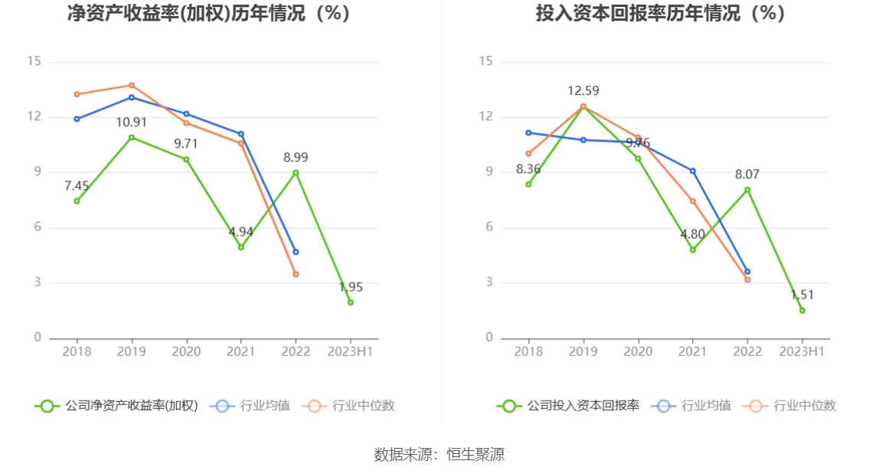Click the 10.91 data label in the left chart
pyautogui.click(x=132, y=123)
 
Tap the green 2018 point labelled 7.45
pyautogui.click(x=77, y=201)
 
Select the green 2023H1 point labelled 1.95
pyautogui.click(x=351, y=302)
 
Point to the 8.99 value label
pyautogui.click(x=296, y=158)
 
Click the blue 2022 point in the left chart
pyautogui.click(x=296, y=252)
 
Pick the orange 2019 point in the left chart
pyautogui.click(x=132, y=85)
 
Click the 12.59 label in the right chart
pyautogui.click(x=583, y=91)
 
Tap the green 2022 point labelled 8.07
pyautogui.click(x=747, y=190)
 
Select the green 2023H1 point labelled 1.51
pyautogui.click(x=802, y=310)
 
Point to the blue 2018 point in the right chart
pyautogui.click(x=528, y=132)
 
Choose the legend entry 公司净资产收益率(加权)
pyautogui.click(x=116, y=406)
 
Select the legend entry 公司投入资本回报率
pyautogui.click(x=568, y=406)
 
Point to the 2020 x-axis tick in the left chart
pyautogui.click(x=186, y=351)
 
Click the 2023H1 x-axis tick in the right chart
pyautogui.click(x=802, y=351)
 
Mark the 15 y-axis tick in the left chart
pyautogui.click(x=34, y=62)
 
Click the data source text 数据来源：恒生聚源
pyautogui.click(x=439, y=455)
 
